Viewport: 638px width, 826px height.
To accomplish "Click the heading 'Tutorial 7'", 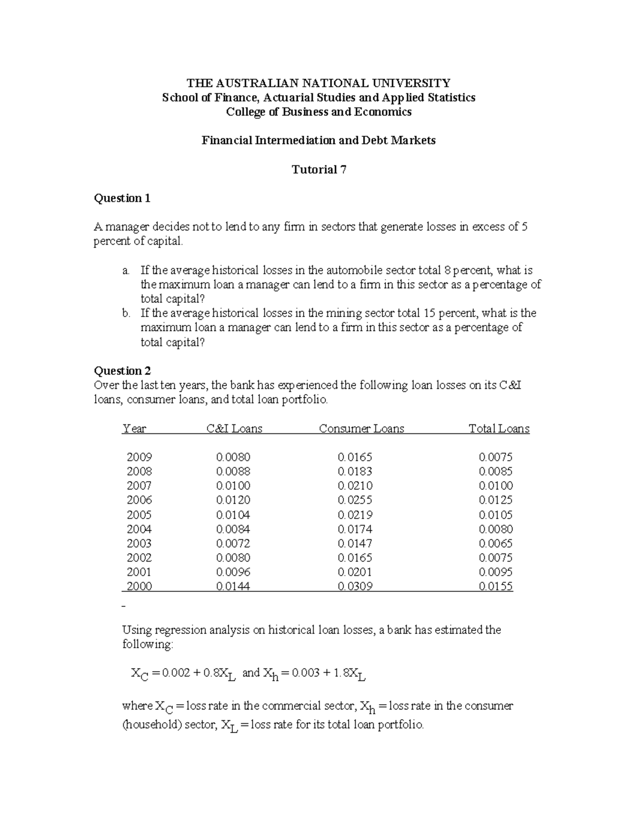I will (319, 170).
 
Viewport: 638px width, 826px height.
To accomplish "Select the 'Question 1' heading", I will (122, 198).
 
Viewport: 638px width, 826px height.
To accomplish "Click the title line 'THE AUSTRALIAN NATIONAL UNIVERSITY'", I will (318, 83).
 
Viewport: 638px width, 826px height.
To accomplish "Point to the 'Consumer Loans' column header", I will (362, 429).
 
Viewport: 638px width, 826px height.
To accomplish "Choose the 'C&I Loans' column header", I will (234, 429).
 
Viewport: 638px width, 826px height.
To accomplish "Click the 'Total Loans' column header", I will (499, 429).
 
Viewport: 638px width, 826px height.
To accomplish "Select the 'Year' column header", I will (134, 429).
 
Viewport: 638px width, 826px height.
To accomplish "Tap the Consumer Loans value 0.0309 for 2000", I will (355, 586).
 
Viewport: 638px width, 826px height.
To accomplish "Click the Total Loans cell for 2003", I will (496, 543).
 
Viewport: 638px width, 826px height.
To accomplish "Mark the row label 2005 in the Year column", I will (139, 515).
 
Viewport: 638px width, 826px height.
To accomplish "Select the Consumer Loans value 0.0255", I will (355, 500).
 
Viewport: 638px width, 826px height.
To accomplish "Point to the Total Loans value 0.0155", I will (496, 586).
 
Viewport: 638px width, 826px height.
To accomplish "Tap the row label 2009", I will (139, 457).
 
